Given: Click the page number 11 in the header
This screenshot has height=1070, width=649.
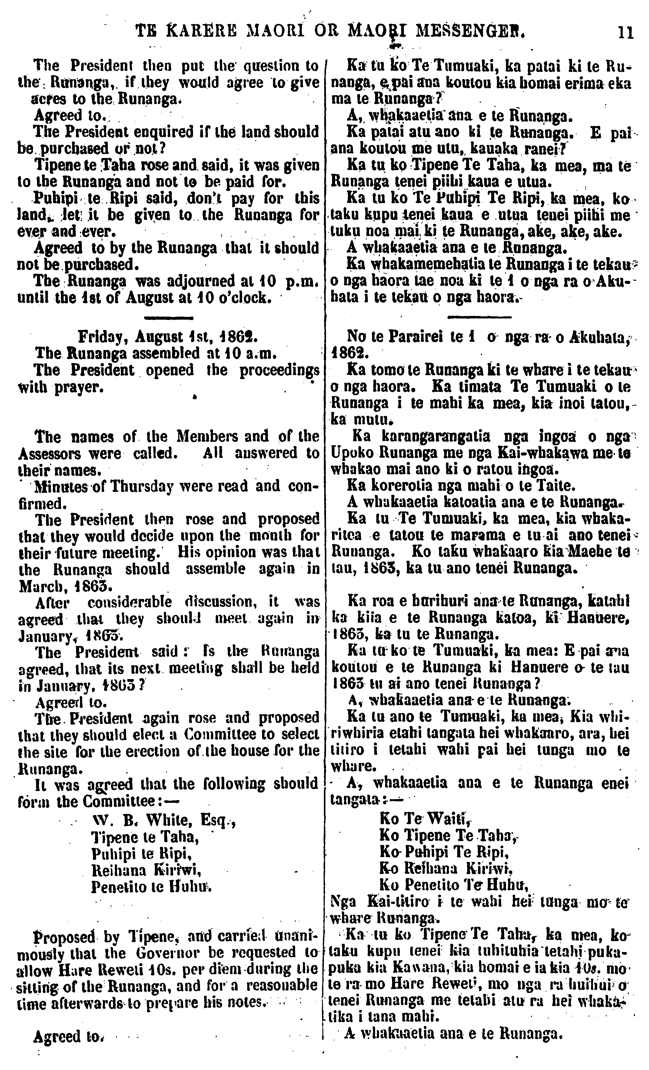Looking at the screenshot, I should pos(625,33).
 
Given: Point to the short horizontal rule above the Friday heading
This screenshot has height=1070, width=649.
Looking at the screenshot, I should pos(168,319).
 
